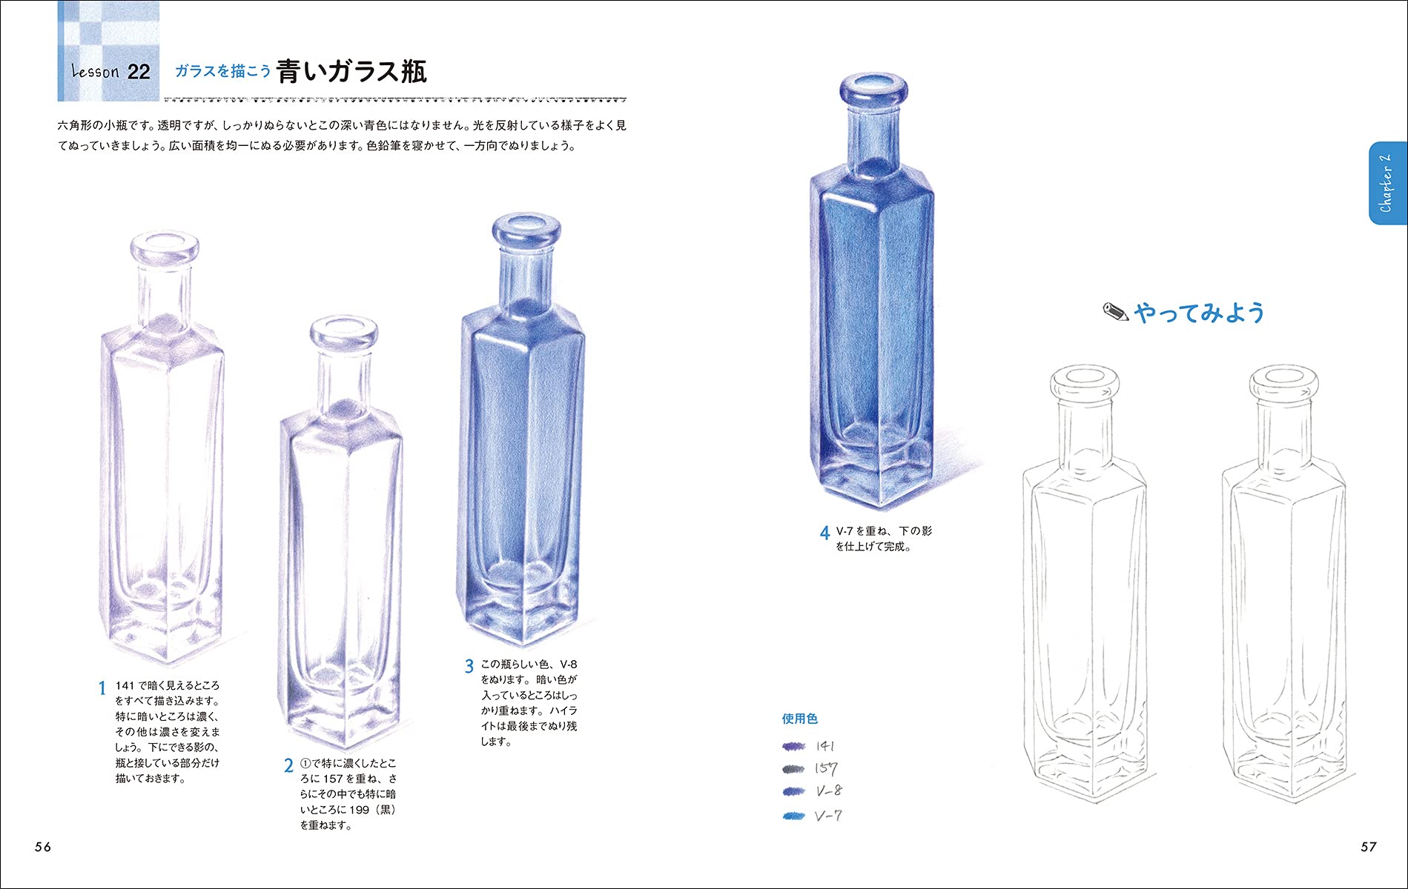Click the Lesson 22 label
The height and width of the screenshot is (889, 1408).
110,72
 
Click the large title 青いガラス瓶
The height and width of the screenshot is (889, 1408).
351,71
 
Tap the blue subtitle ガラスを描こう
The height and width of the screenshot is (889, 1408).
222,71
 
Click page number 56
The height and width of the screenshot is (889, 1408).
43,847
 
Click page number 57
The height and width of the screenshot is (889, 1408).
1368,847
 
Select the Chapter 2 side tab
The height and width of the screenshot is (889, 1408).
1386,183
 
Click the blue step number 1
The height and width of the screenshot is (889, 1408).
102,688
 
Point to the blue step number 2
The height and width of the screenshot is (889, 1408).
288,766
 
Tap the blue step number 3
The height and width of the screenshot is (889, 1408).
469,667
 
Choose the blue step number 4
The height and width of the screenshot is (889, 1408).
824,533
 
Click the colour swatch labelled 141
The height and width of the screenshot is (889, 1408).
793,746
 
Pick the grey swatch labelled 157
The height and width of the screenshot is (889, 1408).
793,769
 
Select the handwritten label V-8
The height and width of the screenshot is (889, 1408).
829,791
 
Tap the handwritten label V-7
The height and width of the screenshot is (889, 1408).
828,816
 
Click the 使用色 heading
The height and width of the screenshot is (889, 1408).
799,719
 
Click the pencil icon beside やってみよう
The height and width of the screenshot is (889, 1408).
1115,313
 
